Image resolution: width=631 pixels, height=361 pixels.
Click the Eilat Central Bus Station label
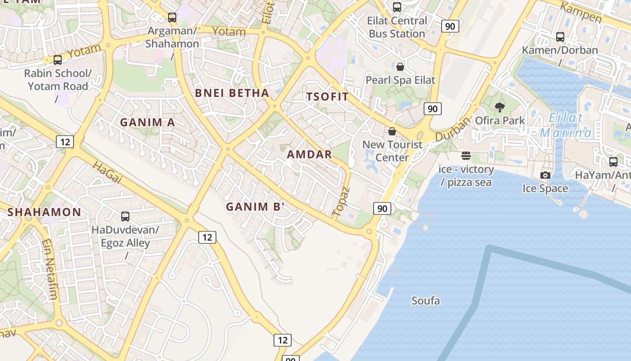[397, 27]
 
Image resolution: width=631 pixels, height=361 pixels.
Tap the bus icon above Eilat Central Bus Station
[397, 7]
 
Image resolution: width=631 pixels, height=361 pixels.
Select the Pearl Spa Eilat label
[400, 80]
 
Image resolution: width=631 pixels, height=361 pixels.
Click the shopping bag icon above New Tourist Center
[392, 131]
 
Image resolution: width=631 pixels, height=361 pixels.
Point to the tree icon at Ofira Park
[499, 107]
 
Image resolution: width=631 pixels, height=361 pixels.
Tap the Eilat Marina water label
[566, 125]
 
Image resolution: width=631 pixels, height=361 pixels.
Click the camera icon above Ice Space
[545, 175]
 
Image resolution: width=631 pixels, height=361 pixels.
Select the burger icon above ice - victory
[466, 156]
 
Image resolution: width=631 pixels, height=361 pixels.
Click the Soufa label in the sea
[425, 301]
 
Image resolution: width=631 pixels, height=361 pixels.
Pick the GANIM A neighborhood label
[147, 122]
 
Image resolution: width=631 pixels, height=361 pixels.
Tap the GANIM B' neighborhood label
[255, 207]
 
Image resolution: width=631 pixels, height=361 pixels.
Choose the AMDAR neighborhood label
[309, 154]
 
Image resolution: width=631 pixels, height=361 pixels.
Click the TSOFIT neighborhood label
[328, 97]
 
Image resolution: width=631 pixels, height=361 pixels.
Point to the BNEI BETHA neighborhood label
[232, 93]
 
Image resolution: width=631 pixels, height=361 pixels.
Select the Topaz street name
[341, 201]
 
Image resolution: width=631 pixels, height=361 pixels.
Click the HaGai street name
[107, 172]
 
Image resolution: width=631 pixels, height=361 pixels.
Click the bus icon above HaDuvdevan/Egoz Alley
[125, 217]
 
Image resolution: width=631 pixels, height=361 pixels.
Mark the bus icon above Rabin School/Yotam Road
[57, 60]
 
